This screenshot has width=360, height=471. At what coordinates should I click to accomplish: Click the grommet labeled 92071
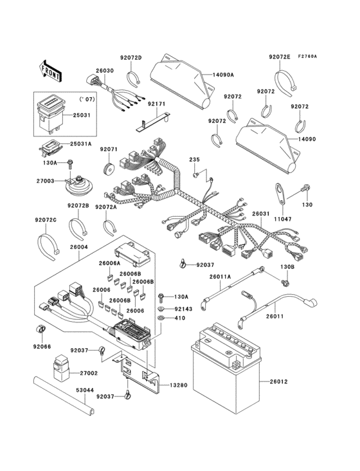pos(109,170)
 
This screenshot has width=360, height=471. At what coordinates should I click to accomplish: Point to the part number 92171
pos(156,103)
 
